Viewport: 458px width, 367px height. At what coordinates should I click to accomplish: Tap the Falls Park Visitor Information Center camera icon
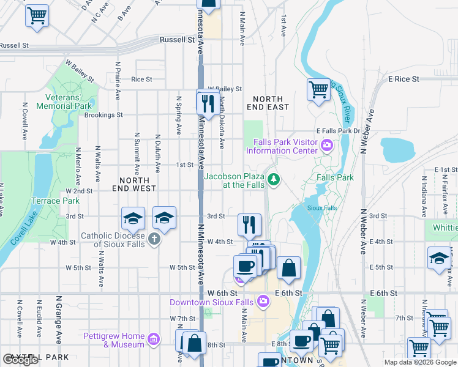(327, 145)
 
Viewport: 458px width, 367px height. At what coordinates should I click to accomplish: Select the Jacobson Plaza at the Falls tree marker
(276, 179)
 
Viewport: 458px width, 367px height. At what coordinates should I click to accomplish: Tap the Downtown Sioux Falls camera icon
(263, 300)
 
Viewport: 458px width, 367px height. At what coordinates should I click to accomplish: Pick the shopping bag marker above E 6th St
(288, 267)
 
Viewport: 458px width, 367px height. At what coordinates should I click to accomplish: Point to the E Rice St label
(403, 79)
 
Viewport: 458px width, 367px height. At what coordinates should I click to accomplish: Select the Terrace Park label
(64, 201)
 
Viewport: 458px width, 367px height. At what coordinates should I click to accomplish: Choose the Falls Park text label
(335, 177)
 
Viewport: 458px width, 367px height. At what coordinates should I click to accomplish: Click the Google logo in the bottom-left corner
(21, 360)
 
